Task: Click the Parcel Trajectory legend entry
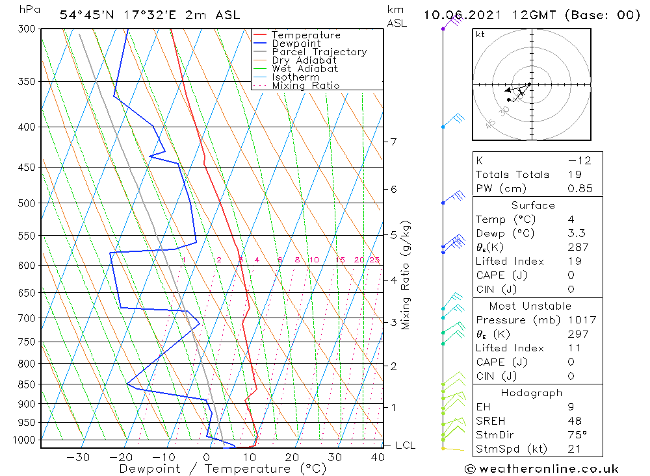[319, 52]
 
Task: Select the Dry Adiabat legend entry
[304, 60]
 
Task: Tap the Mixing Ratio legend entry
[305, 86]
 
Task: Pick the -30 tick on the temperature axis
[78, 457]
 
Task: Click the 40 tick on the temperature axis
[378, 457]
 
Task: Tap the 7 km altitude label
[393, 142]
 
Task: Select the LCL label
[405, 445]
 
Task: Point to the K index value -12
[579, 161]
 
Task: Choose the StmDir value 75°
[577, 434]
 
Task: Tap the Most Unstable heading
[530, 306]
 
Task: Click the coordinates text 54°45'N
[86, 15]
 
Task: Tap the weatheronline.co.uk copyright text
[541, 469]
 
